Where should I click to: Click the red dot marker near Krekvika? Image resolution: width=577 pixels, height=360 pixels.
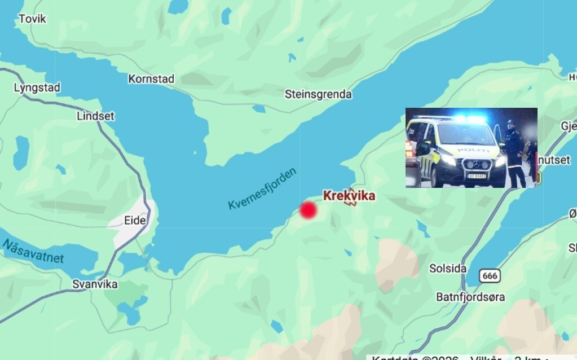pyautogui.click(x=307, y=210)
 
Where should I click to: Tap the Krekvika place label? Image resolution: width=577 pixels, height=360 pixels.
pyautogui.click(x=349, y=196)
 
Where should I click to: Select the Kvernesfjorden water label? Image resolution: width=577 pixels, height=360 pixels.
pyautogui.click(x=262, y=188)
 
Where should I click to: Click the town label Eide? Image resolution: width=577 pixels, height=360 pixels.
pyautogui.click(x=135, y=220)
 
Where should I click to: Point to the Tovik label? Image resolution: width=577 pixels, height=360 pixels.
pyautogui.click(x=32, y=19)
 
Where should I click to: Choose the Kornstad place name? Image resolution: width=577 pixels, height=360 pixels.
pyautogui.click(x=151, y=79)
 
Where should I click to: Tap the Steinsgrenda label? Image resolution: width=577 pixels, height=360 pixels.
pyautogui.click(x=318, y=94)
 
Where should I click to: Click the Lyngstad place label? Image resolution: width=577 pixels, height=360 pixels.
pyautogui.click(x=37, y=87)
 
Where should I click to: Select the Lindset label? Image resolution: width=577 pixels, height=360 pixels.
pyautogui.click(x=95, y=116)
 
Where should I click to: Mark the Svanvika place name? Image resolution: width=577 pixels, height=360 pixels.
pyautogui.click(x=95, y=284)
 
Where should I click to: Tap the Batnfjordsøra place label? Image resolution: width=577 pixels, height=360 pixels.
pyautogui.click(x=470, y=297)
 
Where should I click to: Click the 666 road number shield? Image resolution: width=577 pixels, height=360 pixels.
pyautogui.click(x=490, y=275)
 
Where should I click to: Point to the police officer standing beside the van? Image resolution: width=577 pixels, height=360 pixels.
pyautogui.click(x=514, y=152)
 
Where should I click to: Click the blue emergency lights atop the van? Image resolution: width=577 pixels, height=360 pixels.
pyautogui.click(x=469, y=119)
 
